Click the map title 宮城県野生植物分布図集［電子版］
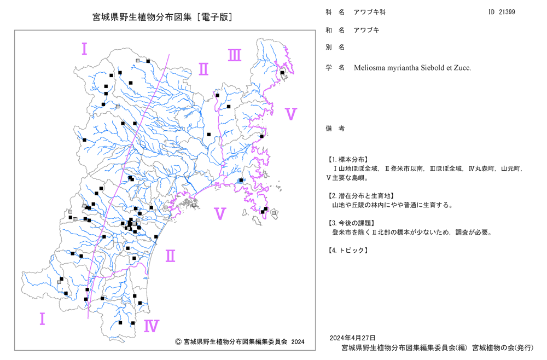coord(162,17)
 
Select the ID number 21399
coord(507,12)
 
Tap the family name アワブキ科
coord(369,12)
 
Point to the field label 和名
coord(335,30)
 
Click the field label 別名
coord(335,47)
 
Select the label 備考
coord(335,129)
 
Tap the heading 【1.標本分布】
coord(347,159)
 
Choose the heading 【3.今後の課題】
coord(351,223)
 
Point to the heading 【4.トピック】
coord(347,250)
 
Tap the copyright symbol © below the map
coord(178,341)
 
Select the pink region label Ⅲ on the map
coord(235,55)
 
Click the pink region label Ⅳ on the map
coord(152,326)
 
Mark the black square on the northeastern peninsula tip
coord(282,73)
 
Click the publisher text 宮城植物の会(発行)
coord(503,348)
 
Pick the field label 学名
coord(335,67)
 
